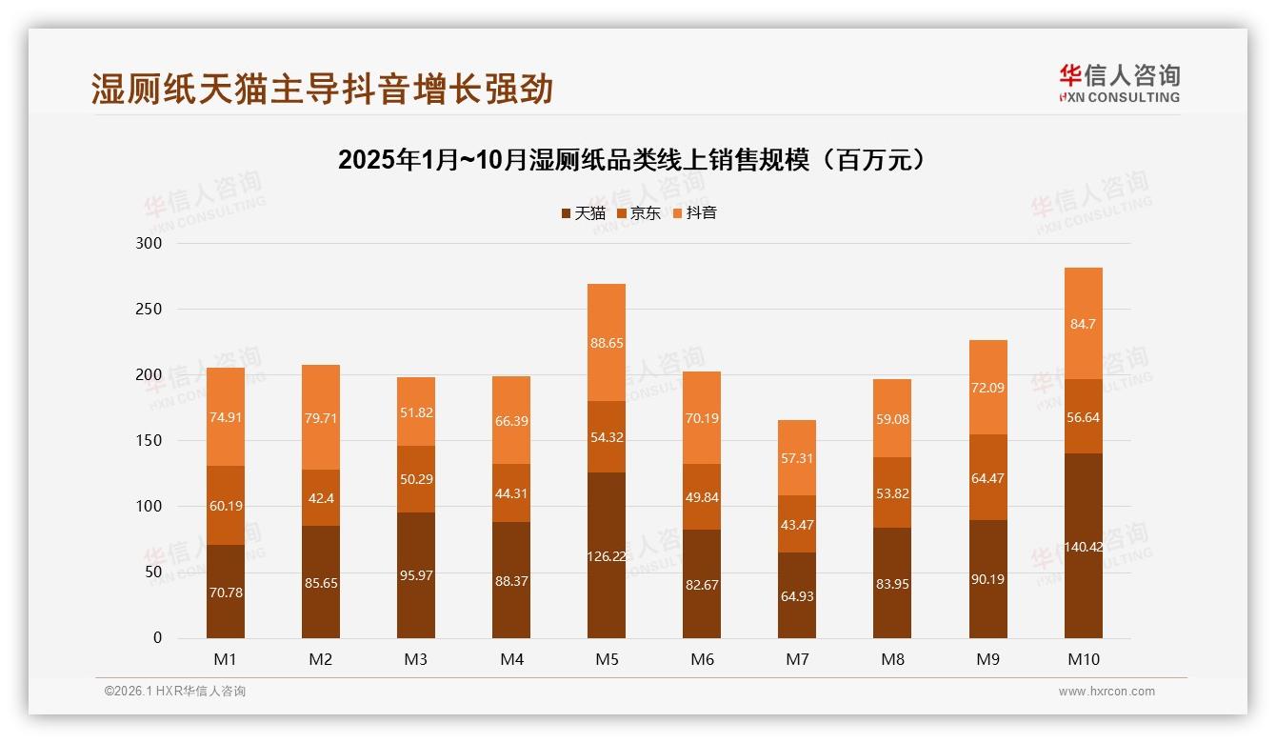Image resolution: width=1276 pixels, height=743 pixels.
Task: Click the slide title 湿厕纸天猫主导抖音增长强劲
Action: pyautogui.click(x=322, y=89)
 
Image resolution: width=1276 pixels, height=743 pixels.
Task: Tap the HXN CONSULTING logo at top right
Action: pyautogui.click(x=1119, y=84)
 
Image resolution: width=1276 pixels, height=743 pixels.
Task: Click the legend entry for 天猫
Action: pyautogui.click(x=583, y=213)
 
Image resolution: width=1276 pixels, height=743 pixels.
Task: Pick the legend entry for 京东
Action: pyautogui.click(x=639, y=213)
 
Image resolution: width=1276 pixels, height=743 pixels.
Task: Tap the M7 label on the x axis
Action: pyautogui.click(x=797, y=659)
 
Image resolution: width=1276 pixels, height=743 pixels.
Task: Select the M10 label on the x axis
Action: pyautogui.click(x=1083, y=659)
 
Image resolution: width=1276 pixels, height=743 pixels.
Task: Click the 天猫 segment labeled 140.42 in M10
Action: pyautogui.click(x=1083, y=546)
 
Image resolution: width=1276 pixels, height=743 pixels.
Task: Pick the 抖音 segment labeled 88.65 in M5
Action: pyautogui.click(x=607, y=343)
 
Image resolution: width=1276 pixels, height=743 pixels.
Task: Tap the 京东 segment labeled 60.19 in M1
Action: pyautogui.click(x=226, y=506)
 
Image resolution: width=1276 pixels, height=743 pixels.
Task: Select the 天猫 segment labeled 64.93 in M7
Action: pyautogui.click(x=797, y=596)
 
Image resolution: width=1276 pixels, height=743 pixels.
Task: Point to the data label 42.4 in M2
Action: pyautogui.click(x=321, y=498)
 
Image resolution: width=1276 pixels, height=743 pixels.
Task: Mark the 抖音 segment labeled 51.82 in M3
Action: pyautogui.click(x=416, y=412)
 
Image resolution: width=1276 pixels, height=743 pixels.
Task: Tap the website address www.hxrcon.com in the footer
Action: pyautogui.click(x=1107, y=692)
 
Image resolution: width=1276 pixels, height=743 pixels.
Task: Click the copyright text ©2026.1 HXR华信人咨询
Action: pyautogui.click(x=175, y=692)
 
